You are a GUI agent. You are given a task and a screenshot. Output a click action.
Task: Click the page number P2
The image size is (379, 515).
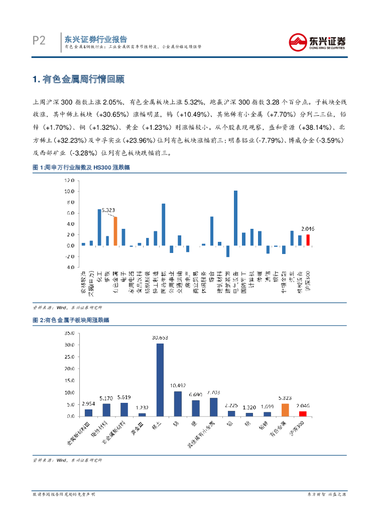39,40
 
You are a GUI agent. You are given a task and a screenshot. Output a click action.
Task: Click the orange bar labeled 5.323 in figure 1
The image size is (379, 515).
115,231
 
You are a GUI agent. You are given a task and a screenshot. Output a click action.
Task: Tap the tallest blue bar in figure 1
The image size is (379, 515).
236,218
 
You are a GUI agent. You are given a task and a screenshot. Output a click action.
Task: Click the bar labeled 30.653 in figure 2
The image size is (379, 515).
160,380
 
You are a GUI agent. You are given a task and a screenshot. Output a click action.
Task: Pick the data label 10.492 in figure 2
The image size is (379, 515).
178,386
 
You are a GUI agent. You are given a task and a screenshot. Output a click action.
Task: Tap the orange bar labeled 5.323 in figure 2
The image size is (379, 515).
285,410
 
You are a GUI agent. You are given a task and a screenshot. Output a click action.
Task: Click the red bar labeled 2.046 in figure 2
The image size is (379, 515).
303,413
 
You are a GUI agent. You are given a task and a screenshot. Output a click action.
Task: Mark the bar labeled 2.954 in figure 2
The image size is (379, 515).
88,412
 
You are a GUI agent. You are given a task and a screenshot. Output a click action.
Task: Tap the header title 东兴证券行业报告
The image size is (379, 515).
95,39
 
